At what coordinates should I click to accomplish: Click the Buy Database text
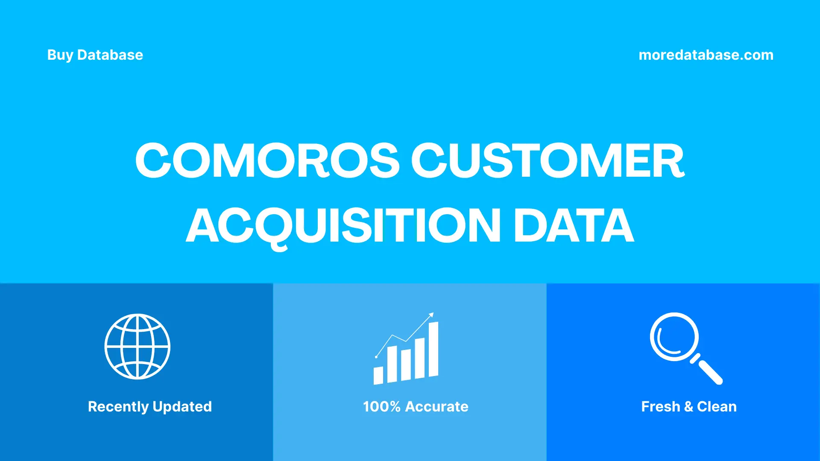(x=95, y=55)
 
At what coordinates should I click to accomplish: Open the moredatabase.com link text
(x=706, y=55)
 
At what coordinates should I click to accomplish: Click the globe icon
(x=138, y=347)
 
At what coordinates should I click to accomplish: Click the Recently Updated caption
(x=149, y=406)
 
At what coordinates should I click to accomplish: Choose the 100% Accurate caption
(x=415, y=406)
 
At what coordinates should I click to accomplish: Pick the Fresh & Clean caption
(x=688, y=406)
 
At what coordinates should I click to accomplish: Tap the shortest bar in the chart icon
(x=378, y=375)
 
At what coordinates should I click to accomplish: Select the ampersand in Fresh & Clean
(x=688, y=406)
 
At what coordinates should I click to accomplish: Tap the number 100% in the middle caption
(x=381, y=406)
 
